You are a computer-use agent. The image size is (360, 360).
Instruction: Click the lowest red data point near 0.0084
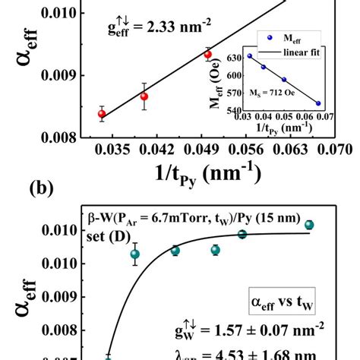click(x=102, y=114)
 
